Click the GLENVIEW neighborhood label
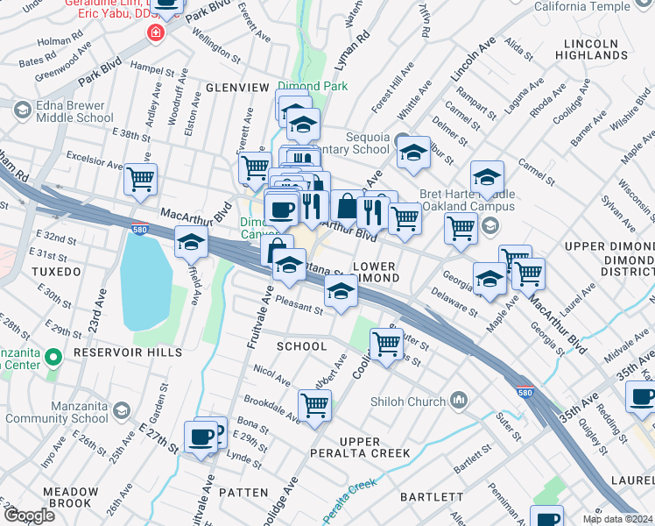(x=237, y=88)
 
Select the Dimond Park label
(x=313, y=86)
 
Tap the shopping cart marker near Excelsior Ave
(x=140, y=179)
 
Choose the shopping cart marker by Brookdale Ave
(x=314, y=405)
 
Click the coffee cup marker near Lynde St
(x=201, y=436)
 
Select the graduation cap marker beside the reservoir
(x=191, y=242)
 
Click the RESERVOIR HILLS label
(x=128, y=352)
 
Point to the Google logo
(x=29, y=515)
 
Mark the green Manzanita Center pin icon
(x=53, y=358)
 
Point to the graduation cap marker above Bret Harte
(x=487, y=176)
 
